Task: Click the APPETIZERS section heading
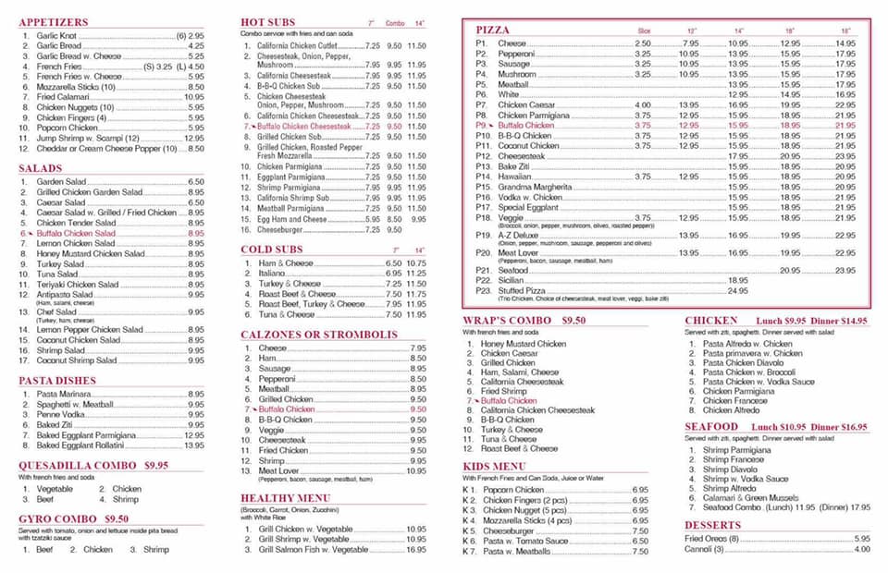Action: (54, 21)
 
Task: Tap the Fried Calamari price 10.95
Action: (193, 97)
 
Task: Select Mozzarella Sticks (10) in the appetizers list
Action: (76, 86)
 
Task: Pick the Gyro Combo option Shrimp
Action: (156, 549)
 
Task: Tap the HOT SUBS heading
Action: (267, 21)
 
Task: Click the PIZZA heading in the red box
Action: (493, 30)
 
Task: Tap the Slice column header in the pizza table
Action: (644, 30)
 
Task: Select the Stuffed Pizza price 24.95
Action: (737, 290)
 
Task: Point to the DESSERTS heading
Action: (713, 525)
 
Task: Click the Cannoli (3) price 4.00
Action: (862, 549)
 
